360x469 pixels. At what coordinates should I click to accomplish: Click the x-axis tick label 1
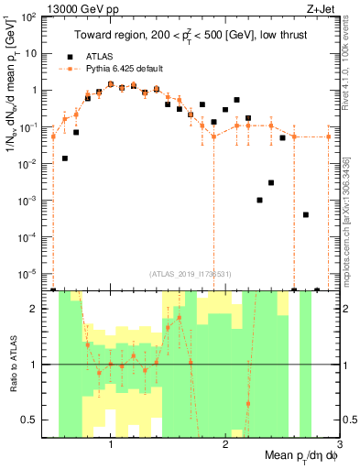(x=111, y=444)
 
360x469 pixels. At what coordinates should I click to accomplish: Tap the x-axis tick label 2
(x=225, y=444)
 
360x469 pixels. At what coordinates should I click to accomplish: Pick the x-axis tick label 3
(x=338, y=444)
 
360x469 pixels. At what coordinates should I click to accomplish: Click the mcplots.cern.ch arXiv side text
(x=350, y=211)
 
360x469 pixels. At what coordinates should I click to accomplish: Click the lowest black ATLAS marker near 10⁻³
(x=260, y=200)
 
